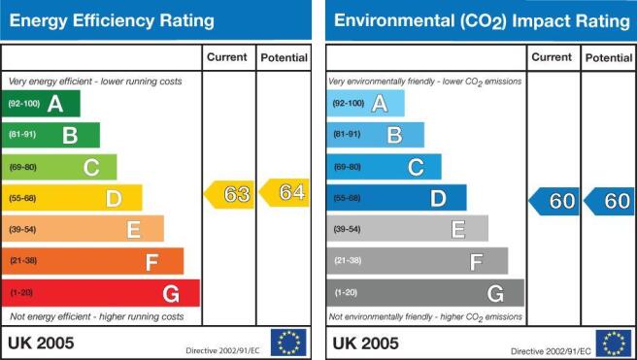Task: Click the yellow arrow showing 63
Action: (x=229, y=194)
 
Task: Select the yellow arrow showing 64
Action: (x=284, y=192)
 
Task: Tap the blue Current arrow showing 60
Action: (x=553, y=201)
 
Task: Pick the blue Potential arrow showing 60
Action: (x=609, y=201)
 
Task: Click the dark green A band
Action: (x=41, y=104)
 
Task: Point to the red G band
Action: (x=101, y=293)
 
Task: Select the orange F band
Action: (x=92, y=261)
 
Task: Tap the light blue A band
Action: (x=366, y=103)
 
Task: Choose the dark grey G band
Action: (x=425, y=293)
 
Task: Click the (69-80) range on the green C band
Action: (x=22, y=167)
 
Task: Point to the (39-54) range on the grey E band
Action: (x=347, y=229)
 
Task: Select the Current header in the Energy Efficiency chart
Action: (x=226, y=57)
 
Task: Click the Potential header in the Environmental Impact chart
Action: (x=609, y=58)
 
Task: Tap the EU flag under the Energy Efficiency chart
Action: (x=288, y=343)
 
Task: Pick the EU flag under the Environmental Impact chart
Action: (x=614, y=344)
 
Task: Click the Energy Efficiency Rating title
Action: (x=112, y=20)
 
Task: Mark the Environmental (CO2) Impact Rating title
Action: (x=482, y=21)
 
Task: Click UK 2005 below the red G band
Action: (x=41, y=344)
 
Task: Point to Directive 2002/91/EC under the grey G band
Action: (x=551, y=351)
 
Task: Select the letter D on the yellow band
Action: (x=114, y=199)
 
